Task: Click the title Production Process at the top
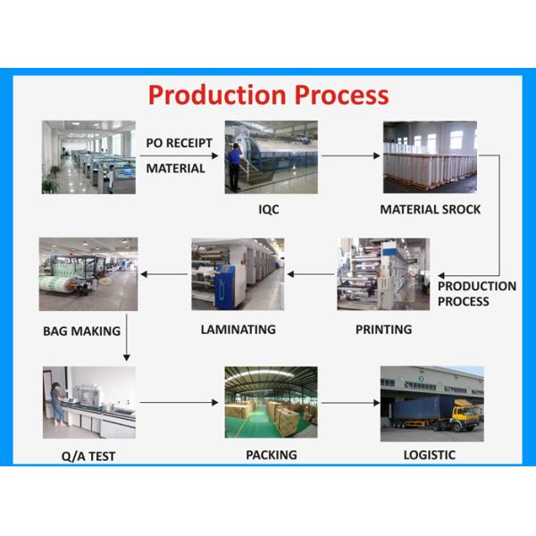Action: coord(268,95)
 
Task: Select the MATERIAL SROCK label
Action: coord(430,209)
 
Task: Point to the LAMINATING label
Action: coord(238,329)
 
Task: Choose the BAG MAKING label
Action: coord(81,331)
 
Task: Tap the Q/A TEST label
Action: coord(88,456)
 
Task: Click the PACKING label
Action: coord(271,455)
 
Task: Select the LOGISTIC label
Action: coord(429,455)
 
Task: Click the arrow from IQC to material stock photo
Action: coord(350,156)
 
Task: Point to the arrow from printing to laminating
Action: coord(310,274)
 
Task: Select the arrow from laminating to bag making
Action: coord(163,274)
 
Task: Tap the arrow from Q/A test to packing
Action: coord(179,402)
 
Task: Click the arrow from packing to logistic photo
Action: coord(349,402)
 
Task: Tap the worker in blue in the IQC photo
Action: coord(234,163)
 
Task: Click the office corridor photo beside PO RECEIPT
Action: coord(88,157)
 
